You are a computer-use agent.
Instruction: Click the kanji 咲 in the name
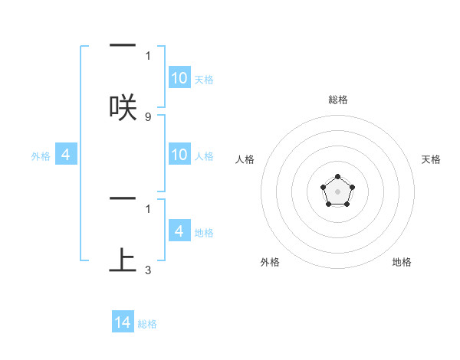coord(123,106)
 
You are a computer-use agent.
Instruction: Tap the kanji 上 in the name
coord(123,260)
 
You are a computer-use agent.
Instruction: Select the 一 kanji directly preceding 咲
coord(123,47)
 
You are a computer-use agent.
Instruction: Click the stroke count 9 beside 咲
coord(147,117)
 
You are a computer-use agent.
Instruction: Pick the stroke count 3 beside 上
coord(147,270)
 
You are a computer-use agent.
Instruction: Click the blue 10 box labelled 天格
coord(179,78)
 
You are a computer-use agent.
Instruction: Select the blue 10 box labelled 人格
coord(179,155)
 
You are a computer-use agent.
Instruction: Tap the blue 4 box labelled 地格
coord(179,231)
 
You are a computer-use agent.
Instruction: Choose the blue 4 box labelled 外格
coord(66,155)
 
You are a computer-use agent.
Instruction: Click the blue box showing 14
coord(123,323)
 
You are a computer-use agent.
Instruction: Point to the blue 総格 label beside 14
coord(147,324)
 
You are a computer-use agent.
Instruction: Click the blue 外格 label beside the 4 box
coord(41,156)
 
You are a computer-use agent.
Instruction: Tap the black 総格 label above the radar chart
coord(337,100)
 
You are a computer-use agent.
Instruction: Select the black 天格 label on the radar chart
coord(431,159)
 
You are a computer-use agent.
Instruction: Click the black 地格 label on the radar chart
coord(402,262)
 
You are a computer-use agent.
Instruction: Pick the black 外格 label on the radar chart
coord(270,262)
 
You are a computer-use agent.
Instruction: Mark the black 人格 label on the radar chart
coord(245,159)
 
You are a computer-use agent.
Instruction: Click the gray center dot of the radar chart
coord(337,191)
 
